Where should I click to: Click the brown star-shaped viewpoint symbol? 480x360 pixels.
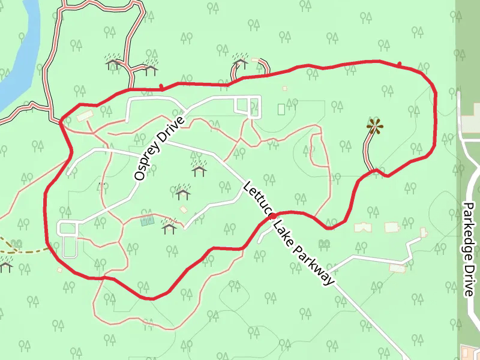(375, 126)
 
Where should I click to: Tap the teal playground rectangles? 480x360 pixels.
(146, 221)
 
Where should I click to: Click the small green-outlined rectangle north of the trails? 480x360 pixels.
(281, 109)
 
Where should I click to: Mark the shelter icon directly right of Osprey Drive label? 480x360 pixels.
(199, 170)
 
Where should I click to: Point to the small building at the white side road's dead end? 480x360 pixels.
(424, 232)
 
